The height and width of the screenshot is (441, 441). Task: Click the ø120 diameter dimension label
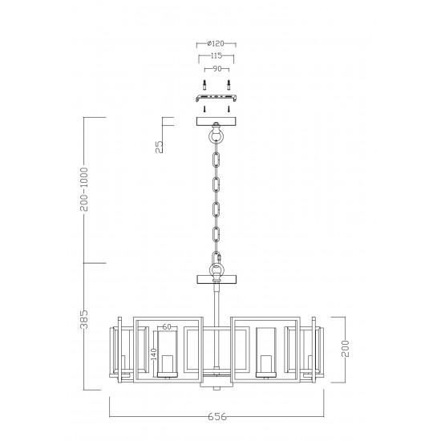216,43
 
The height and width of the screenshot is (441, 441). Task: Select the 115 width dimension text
216,57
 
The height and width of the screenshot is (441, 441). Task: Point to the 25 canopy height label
159,146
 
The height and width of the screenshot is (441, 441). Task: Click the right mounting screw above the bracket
229,85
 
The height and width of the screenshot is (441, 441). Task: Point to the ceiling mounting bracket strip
216,99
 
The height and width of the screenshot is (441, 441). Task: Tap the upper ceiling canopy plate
216,122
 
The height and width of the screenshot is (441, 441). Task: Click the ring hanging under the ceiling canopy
216,137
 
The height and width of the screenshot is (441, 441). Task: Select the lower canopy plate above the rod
216,280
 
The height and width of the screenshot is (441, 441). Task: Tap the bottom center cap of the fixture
216,384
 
